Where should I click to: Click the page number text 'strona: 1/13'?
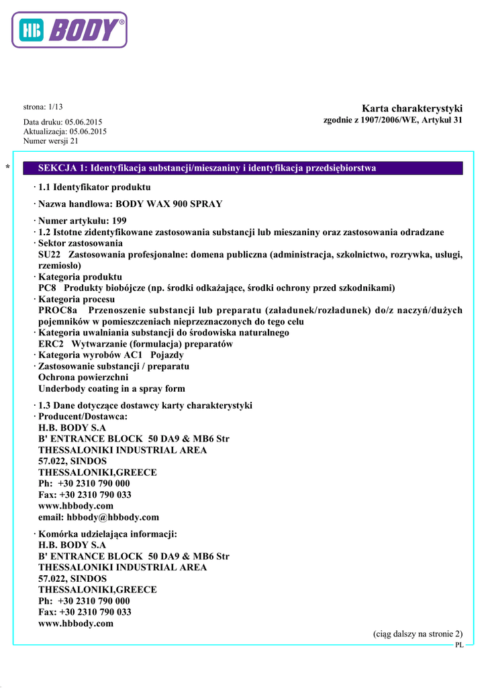point(43,107)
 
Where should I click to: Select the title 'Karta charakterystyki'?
point(412,109)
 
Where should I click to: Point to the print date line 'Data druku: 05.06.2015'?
point(63,122)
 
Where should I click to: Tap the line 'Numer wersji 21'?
point(51,141)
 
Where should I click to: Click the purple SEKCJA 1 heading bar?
point(242,168)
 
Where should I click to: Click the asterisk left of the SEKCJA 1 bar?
point(7,167)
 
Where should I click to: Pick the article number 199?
point(119,220)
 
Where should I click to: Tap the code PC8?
point(46,288)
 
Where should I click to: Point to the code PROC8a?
point(58,310)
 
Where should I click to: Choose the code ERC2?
point(50,344)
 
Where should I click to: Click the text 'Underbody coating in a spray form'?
point(111,388)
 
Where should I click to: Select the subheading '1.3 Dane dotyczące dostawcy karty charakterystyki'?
point(145,405)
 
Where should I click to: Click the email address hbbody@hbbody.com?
point(113,517)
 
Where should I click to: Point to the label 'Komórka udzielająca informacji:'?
point(107,534)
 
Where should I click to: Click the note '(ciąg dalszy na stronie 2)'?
point(418,634)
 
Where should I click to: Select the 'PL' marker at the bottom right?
point(459,645)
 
